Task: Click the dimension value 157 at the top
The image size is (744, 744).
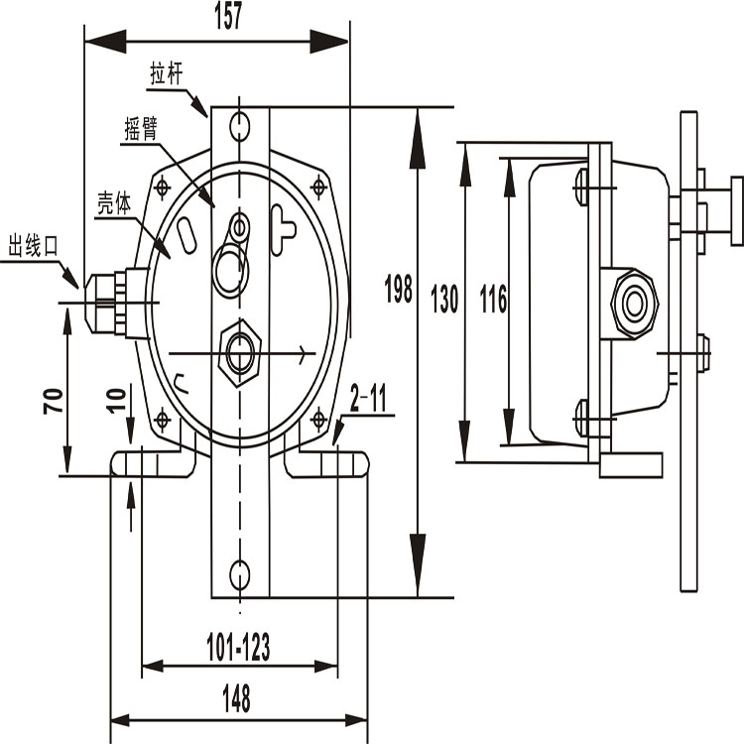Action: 228,16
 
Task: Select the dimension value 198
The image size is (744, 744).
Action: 398,289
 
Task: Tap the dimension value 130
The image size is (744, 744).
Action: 444,299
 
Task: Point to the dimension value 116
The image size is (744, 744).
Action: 493,299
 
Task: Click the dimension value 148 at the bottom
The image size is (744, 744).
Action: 236,698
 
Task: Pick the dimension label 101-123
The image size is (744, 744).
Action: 238,647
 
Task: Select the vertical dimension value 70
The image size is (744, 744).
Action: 54,401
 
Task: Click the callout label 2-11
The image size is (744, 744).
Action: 368,398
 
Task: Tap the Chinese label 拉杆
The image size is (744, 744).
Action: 167,73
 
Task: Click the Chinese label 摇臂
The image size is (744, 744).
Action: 141,128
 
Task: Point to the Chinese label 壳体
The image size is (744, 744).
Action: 114,203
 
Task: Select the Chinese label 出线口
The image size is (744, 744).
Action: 33,245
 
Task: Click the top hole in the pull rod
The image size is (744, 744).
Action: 240,125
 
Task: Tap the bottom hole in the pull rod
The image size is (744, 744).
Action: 240,574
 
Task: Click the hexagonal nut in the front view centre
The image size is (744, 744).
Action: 240,353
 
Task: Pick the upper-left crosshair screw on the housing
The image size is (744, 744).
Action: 163,186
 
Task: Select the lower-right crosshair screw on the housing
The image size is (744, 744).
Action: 318,419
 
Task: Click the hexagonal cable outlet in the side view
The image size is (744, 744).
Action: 635,305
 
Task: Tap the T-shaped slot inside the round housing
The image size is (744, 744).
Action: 282,230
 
